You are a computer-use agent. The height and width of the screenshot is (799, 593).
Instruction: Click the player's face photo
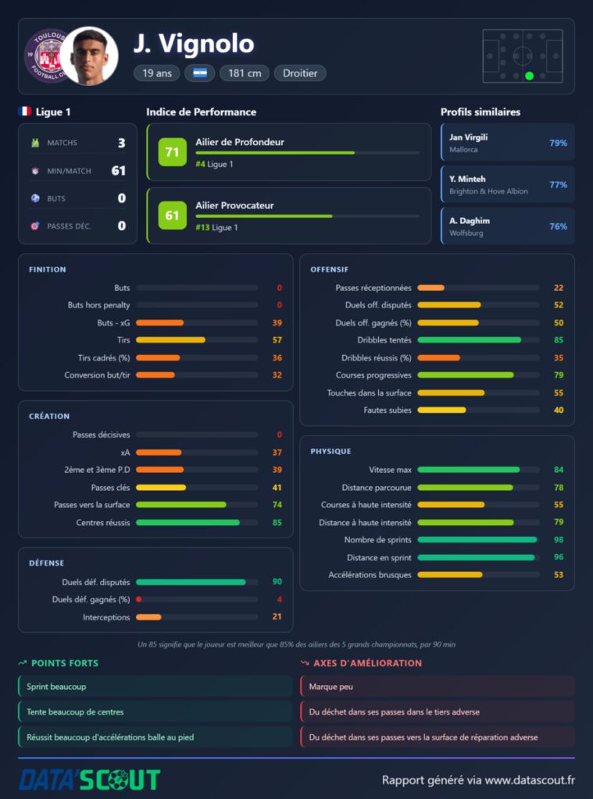[90, 56]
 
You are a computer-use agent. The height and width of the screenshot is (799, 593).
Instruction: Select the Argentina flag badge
[199, 73]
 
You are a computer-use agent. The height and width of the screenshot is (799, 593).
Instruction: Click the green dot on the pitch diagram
[529, 76]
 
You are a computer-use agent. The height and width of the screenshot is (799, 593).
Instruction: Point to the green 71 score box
[172, 152]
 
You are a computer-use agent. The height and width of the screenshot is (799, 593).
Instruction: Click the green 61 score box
[172, 215]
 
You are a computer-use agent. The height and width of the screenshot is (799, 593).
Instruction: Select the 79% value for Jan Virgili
[558, 144]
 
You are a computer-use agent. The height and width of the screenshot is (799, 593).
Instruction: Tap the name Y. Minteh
[467, 179]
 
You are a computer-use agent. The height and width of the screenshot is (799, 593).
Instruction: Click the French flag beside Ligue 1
[24, 111]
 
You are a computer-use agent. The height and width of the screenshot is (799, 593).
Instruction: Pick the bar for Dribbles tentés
[469, 340]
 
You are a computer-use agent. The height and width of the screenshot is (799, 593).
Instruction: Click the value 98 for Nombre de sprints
[559, 540]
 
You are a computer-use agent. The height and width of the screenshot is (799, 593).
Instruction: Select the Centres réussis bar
[188, 522]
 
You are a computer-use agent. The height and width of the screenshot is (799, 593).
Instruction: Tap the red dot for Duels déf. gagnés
[139, 599]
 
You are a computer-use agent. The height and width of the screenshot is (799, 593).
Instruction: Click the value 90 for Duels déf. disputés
[277, 581]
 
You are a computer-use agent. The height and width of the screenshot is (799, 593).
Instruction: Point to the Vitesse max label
[390, 470]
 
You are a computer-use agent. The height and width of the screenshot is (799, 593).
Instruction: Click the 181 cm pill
[245, 73]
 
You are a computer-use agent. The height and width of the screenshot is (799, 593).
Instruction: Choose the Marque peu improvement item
[438, 687]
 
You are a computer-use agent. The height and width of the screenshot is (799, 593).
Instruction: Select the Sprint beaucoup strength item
[155, 687]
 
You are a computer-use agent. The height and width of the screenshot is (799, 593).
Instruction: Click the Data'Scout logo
[90, 779]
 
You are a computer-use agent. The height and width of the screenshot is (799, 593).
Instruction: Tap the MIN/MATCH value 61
[119, 171]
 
